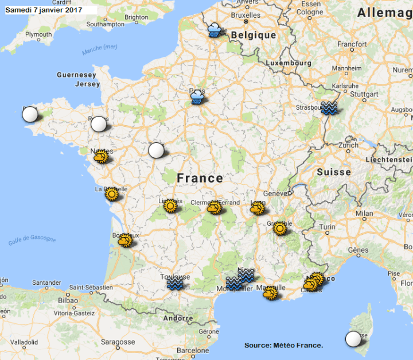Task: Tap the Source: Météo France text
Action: pyautogui.click(x=283, y=345)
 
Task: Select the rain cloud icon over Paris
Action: pyautogui.click(x=197, y=97)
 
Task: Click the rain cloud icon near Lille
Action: pyautogui.click(x=215, y=30)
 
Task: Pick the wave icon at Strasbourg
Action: pyautogui.click(x=329, y=108)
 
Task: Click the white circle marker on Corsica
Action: pyautogui.click(x=353, y=339)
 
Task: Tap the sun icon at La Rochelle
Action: pyautogui.click(x=111, y=194)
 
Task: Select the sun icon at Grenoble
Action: pyautogui.click(x=279, y=229)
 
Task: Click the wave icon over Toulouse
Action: pyautogui.click(x=175, y=284)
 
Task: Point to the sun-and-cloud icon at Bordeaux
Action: pyautogui.click(x=125, y=241)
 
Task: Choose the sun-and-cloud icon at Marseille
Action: pyautogui.click(x=270, y=293)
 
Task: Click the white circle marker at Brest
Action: pyautogui.click(x=30, y=115)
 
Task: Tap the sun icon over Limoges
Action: pyautogui.click(x=170, y=206)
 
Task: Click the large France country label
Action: pyautogui.click(x=200, y=178)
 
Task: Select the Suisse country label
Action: pyautogui.click(x=333, y=172)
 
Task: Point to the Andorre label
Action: pyautogui.click(x=178, y=318)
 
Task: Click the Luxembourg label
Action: pyautogui.click(x=289, y=63)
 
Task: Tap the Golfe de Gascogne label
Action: pyautogui.click(x=32, y=241)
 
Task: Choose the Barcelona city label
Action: pyautogui.click(x=193, y=350)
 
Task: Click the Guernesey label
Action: pyautogui.click(x=76, y=75)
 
